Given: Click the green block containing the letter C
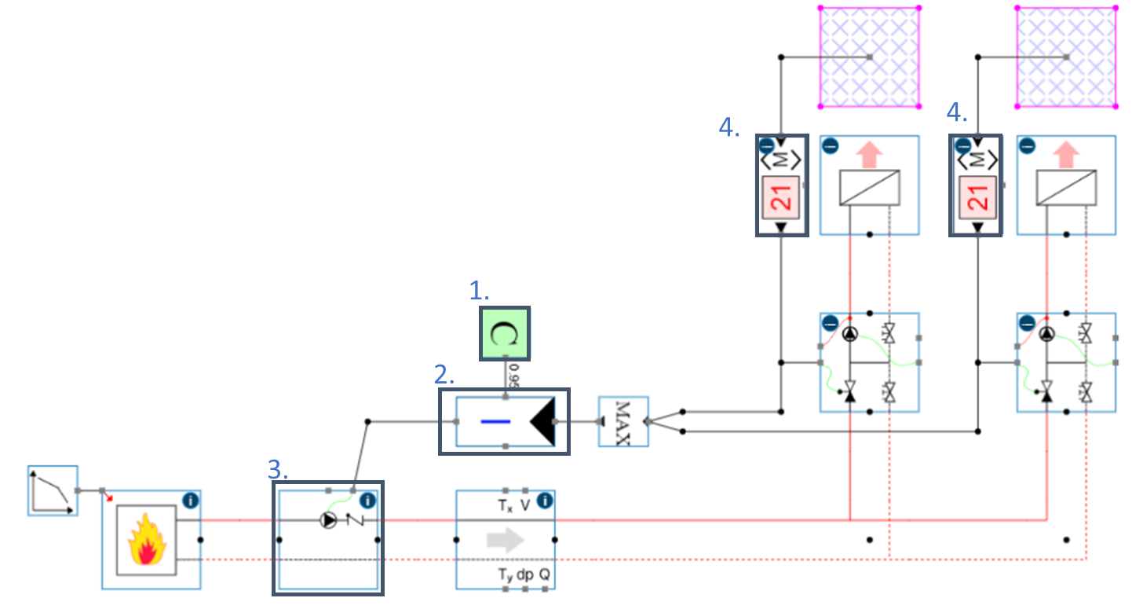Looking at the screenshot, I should (506, 333).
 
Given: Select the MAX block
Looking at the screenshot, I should (623, 422).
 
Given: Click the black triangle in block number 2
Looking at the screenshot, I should (543, 421).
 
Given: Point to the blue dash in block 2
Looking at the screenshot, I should (496, 422).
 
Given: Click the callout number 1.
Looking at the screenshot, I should (479, 292).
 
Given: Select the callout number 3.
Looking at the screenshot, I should (277, 469).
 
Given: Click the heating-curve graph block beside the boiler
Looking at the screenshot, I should (53, 490).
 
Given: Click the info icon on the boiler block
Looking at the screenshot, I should (191, 500).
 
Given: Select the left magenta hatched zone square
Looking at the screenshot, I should (869, 57).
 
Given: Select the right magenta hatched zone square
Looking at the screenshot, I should (1066, 57).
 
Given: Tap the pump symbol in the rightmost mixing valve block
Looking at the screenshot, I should (1047, 333).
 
